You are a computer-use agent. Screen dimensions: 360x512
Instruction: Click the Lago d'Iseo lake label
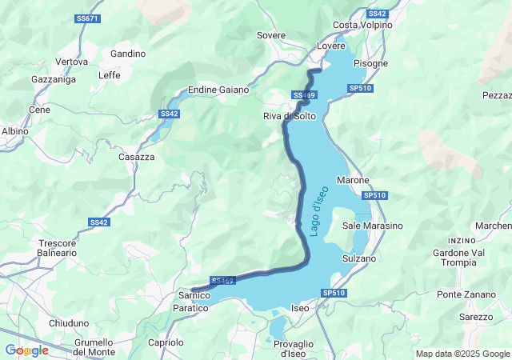319,210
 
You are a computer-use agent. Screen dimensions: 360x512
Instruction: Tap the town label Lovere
331,46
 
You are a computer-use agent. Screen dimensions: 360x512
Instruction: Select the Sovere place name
270,35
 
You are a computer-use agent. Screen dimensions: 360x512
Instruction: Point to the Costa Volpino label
362,25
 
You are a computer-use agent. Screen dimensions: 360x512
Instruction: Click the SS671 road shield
89,18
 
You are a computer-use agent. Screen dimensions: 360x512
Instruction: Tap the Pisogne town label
371,62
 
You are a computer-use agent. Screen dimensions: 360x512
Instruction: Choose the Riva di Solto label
290,116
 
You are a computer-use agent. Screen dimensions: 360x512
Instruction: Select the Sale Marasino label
373,226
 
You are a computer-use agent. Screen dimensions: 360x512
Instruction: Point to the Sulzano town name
358,258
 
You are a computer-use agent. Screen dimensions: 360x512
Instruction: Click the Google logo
26,350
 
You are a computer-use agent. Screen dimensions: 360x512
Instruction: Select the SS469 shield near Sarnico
223,281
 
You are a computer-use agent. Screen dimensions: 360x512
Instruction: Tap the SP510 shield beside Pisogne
361,88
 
